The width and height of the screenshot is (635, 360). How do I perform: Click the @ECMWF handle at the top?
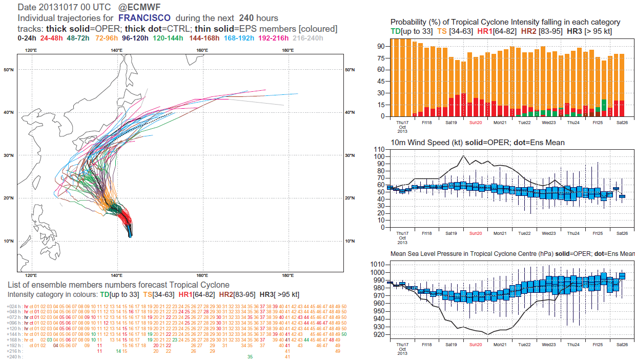(x=137, y=8)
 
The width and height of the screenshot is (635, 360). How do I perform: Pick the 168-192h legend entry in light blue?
(x=238, y=38)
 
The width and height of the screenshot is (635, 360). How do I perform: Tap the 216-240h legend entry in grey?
(x=307, y=38)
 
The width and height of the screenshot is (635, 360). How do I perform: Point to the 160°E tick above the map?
(x=202, y=50)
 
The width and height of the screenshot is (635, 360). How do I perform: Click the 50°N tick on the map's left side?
(x=8, y=70)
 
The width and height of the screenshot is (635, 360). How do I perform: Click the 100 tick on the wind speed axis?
(x=379, y=156)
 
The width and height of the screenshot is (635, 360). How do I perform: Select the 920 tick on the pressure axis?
(x=379, y=334)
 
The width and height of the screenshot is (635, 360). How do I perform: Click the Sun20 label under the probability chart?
(x=475, y=123)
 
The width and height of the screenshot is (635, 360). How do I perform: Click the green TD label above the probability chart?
(x=396, y=31)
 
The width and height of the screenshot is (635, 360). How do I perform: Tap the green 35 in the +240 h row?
(x=250, y=356)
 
